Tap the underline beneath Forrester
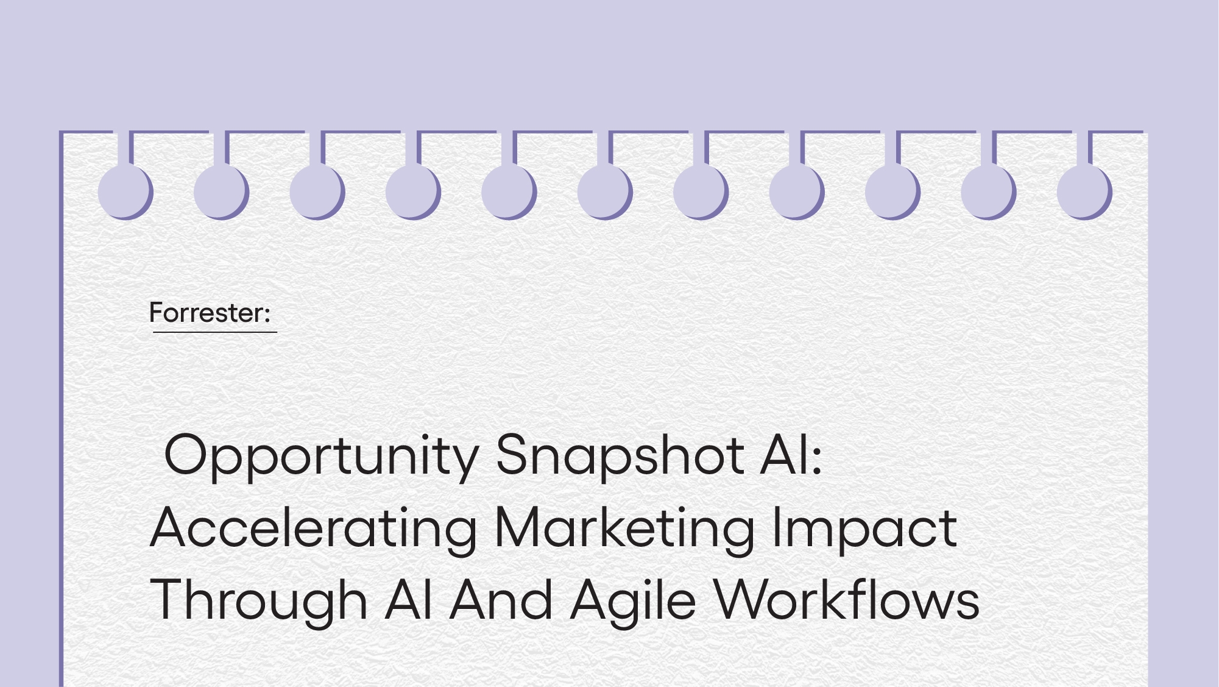pos(215,332)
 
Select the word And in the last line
pos(501,600)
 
